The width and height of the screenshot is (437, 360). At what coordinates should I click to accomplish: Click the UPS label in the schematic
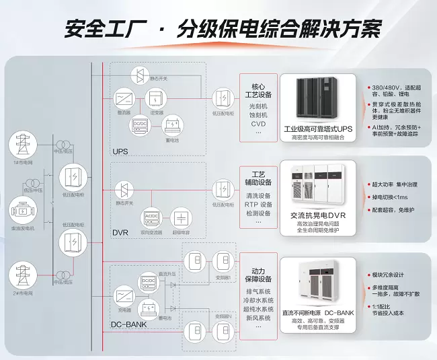(x=120, y=151)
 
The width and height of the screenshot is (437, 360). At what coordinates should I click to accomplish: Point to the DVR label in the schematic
(x=120, y=232)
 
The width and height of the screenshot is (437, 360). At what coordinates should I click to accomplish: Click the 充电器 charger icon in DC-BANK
(x=124, y=297)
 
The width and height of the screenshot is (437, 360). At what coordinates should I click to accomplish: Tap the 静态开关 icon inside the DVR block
(x=124, y=188)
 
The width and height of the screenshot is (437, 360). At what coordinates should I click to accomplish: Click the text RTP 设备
(x=257, y=204)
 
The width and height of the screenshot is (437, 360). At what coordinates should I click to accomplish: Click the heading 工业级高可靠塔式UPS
(x=317, y=128)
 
